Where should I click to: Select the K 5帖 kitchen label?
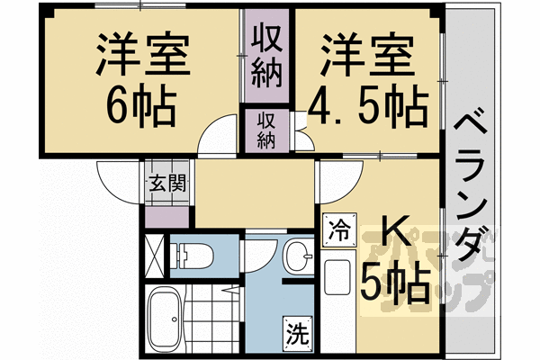(x=391, y=265)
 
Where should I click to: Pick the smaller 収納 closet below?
(x=265, y=129)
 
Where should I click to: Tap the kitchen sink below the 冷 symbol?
(x=338, y=274)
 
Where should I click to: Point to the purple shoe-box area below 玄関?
(x=167, y=213)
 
